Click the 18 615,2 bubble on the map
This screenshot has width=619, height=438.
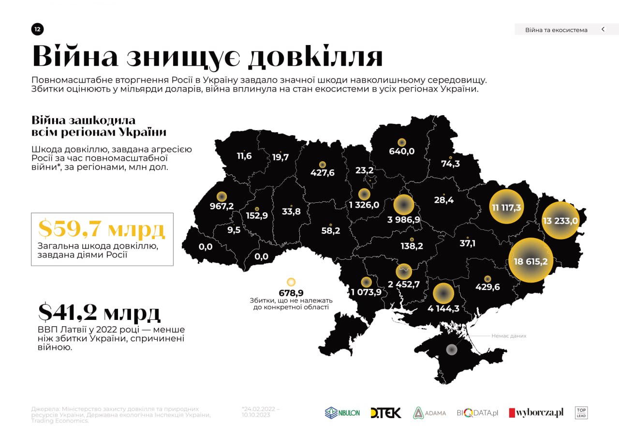[x=531, y=261]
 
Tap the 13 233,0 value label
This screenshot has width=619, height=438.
[x=560, y=221]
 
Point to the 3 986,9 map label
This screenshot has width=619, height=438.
[x=404, y=219]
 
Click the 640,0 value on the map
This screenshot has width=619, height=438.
[x=401, y=151]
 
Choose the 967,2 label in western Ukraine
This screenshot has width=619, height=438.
[x=221, y=206]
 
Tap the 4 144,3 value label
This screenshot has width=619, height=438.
[x=443, y=308]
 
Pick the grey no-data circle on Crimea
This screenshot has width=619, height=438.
[x=451, y=349]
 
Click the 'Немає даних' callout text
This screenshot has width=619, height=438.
[x=509, y=336]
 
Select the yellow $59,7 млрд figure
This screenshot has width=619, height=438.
[x=102, y=229]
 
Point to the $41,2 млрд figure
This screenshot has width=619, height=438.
[x=99, y=313]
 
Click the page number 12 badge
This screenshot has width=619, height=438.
[x=37, y=30]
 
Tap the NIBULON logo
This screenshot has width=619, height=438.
[x=342, y=413]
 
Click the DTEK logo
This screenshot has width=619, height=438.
[x=385, y=413]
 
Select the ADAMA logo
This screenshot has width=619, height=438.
[x=429, y=413]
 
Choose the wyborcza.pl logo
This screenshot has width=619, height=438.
[x=536, y=413]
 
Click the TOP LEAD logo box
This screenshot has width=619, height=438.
[x=581, y=413]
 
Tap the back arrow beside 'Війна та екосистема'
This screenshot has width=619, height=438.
[x=603, y=30]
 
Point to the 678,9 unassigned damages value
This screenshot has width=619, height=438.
[x=291, y=293]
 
